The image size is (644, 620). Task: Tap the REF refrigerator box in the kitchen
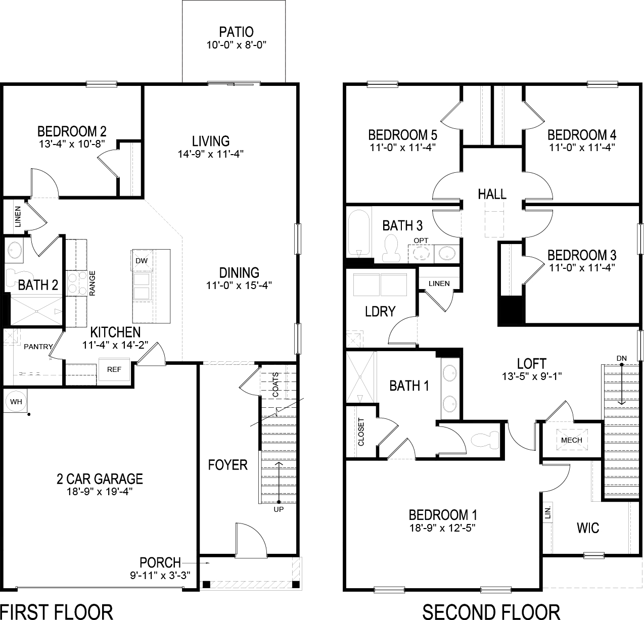pyautogui.click(x=114, y=369)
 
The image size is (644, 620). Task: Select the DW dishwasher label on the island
pyautogui.click(x=141, y=261)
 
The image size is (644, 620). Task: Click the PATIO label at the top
pyautogui.click(x=236, y=32)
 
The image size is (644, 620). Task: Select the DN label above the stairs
pyautogui.click(x=621, y=358)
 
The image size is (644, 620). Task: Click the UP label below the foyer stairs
pyautogui.click(x=279, y=509)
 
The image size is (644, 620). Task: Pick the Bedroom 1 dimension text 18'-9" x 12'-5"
pyautogui.click(x=443, y=528)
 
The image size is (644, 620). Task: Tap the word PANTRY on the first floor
pyautogui.click(x=38, y=347)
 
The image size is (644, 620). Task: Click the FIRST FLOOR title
pyautogui.click(x=57, y=611)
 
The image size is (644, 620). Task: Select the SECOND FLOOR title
pyautogui.click(x=491, y=611)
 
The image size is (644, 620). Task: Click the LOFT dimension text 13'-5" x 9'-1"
pyautogui.click(x=531, y=376)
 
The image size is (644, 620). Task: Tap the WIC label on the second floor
pyautogui.click(x=588, y=528)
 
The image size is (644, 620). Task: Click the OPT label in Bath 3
pyautogui.click(x=421, y=240)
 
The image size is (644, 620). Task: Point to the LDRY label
pyautogui.click(x=380, y=311)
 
